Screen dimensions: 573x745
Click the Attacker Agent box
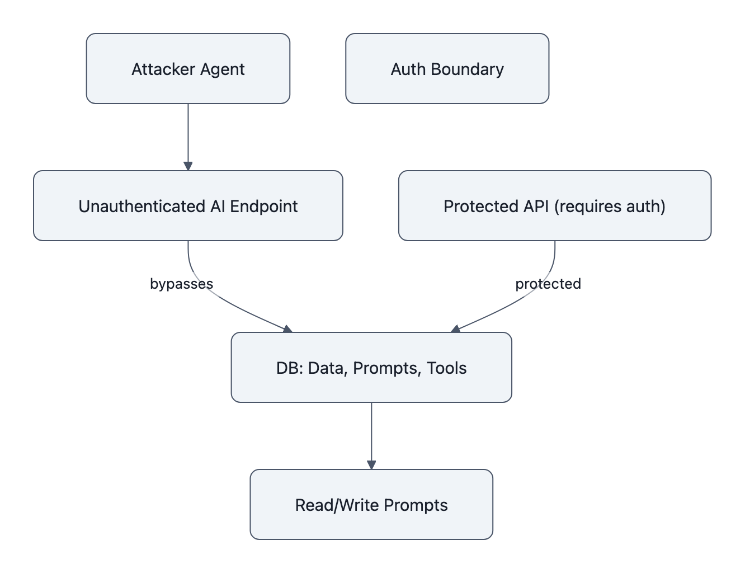(188, 69)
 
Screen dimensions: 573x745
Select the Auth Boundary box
(447, 69)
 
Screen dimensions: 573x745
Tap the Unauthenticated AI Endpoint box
(188, 206)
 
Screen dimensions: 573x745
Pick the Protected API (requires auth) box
(554, 206)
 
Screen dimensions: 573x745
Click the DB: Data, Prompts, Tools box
(371, 368)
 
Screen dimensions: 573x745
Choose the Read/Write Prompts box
(371, 505)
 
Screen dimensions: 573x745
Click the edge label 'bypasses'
(181, 284)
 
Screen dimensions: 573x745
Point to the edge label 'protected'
(548, 284)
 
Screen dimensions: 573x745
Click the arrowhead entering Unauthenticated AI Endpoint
(188, 166)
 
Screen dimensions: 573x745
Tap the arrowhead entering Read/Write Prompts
(371, 465)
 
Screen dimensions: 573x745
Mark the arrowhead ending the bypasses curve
(287, 329)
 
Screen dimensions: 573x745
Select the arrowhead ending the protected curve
(455, 329)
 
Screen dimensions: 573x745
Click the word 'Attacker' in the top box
(156, 69)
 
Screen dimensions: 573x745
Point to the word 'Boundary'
(471, 69)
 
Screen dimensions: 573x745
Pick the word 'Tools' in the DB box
(446, 368)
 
